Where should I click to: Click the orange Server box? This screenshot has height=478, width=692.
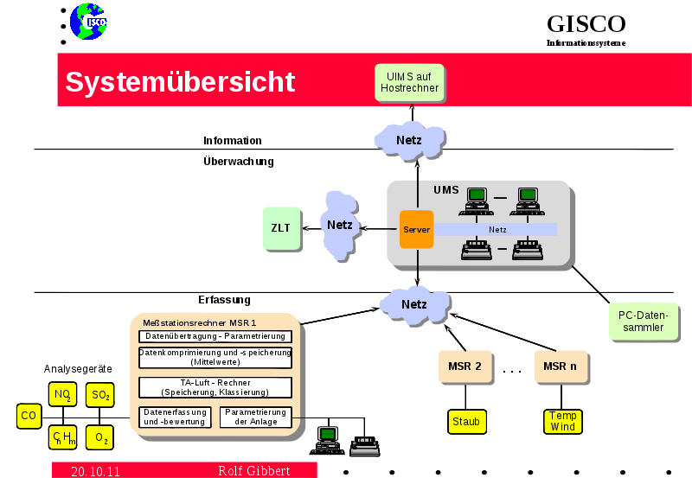click(416, 230)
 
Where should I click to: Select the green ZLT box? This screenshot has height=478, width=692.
click(280, 228)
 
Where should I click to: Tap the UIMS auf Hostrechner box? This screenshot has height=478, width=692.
click(412, 82)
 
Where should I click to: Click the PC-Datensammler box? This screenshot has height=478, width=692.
click(643, 322)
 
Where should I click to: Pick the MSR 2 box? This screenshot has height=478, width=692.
click(465, 366)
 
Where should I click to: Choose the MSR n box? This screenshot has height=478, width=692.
click(561, 366)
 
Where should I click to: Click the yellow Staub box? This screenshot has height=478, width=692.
click(465, 421)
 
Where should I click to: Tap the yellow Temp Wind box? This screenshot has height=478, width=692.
click(562, 421)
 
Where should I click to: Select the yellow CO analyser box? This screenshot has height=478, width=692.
click(29, 416)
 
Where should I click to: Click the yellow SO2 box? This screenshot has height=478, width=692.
click(100, 395)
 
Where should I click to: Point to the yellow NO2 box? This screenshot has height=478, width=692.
click(62, 395)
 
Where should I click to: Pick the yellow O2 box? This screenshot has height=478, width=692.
click(100, 438)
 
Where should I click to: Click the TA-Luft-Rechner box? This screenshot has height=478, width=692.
click(215, 387)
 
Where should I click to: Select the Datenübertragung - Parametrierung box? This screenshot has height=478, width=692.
click(215, 336)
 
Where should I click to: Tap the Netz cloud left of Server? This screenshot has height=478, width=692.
click(339, 225)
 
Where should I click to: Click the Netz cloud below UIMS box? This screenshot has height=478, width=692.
click(410, 139)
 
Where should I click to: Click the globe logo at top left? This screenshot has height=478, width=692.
click(87, 22)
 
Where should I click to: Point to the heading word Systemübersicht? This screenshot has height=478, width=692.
click(180, 81)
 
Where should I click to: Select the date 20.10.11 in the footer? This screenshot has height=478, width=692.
click(95, 471)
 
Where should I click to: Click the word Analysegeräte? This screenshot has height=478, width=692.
click(79, 368)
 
